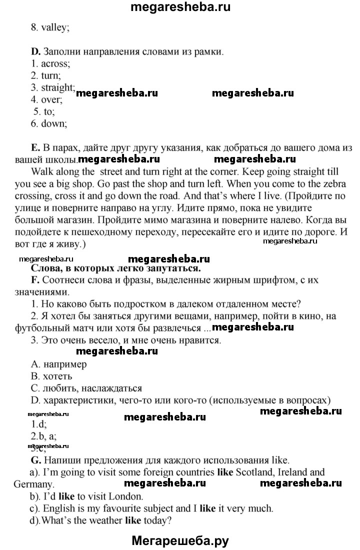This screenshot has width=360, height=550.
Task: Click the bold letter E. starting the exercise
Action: pos(35,147)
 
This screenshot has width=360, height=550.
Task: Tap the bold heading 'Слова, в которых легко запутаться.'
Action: pos(116,268)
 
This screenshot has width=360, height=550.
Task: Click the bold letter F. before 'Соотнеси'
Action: pos(34,280)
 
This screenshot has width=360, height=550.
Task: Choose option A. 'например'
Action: pos(58,364)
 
